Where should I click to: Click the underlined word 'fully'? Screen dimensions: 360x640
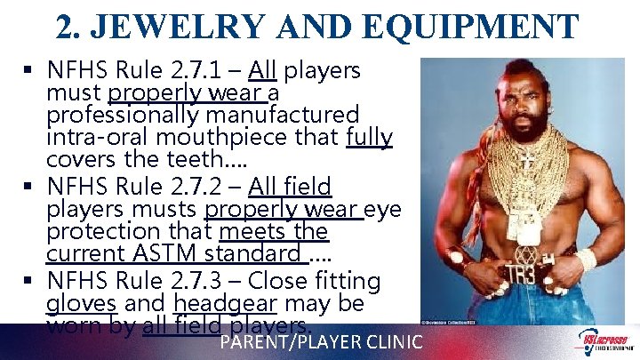pos(369,138)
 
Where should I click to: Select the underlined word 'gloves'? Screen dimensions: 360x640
pos(76,303)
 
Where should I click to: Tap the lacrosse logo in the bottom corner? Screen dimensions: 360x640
pos(604,341)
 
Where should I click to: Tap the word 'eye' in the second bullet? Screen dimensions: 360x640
pos(384,210)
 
